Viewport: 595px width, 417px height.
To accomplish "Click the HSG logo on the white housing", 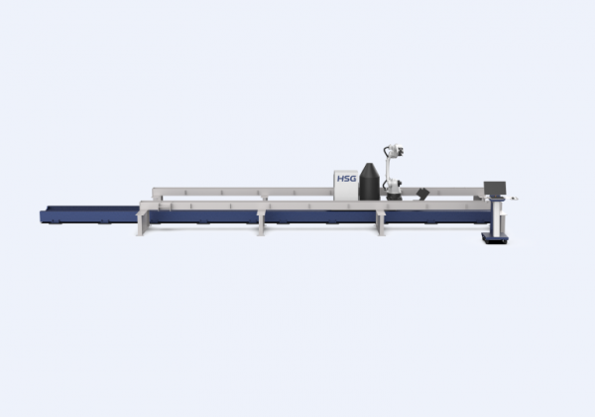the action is [347, 178].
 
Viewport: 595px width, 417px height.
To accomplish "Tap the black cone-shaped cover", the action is [370, 182].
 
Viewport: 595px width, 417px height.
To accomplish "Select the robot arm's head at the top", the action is [395, 150].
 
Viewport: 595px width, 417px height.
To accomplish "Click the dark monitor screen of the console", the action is [495, 188].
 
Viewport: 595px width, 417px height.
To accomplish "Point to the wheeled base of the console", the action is [495, 238].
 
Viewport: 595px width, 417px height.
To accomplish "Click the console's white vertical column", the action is [497, 217].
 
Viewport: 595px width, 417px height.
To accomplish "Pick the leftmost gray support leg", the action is [141, 224].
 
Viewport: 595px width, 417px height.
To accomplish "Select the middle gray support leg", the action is [261, 223].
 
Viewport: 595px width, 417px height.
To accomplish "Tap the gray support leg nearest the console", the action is [381, 223].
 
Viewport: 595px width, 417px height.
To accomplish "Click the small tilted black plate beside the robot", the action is [422, 193].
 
